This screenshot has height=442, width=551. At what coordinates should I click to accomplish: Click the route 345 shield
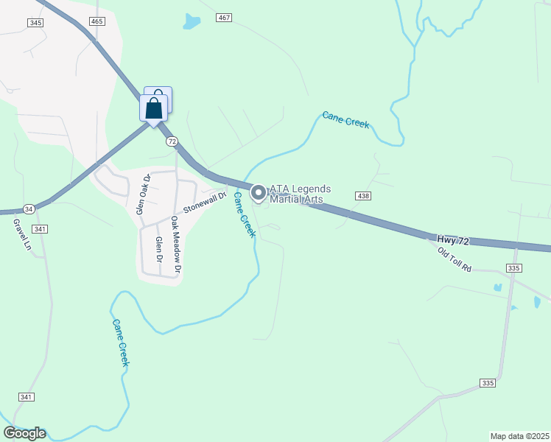coord(35,23)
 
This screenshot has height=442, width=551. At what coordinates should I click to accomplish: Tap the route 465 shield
coord(97,22)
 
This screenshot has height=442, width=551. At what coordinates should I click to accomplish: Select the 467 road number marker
coord(225,17)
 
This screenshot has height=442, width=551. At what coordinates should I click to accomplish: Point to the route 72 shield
coord(172,141)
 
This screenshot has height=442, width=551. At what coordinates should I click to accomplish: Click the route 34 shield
coord(29,208)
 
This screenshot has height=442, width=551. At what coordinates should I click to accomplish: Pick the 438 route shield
coord(362,196)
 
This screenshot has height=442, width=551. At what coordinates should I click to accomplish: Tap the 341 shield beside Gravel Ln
coord(41,229)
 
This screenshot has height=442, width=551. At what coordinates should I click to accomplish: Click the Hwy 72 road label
coord(454,240)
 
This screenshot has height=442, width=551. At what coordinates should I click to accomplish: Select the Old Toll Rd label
coord(454,260)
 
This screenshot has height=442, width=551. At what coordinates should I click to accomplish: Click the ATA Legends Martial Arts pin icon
coord(259,194)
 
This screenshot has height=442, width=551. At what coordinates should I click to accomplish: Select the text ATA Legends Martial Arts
coord(301,194)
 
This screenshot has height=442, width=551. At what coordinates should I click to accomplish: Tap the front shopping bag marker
coord(153,109)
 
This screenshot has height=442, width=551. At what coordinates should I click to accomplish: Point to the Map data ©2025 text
coord(519,436)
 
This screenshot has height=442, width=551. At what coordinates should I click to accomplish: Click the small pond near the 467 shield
coord(192,21)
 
